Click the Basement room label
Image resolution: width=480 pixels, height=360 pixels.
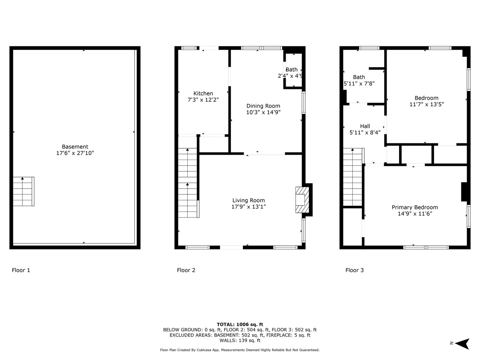click(75, 147)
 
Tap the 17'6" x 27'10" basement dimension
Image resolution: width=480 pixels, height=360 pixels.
click(75, 153)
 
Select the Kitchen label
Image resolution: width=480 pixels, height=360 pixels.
click(203, 93)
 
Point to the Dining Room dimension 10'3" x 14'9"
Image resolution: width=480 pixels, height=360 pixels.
click(263, 112)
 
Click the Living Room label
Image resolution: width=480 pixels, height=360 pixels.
click(248, 200)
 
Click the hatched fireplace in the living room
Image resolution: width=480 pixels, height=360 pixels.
click(302, 200)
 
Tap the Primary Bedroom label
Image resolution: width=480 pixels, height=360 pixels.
click(415, 207)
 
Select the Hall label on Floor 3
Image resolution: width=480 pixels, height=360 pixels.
click(365, 126)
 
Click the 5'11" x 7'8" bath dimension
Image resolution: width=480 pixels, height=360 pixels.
click(359, 83)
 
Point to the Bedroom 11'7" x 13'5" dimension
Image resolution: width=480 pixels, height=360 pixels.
click(426, 104)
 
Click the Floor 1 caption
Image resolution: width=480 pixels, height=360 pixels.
click(21, 270)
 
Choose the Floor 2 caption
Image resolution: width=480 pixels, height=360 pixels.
click(186, 270)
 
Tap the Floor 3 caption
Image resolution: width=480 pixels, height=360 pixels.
click(354, 270)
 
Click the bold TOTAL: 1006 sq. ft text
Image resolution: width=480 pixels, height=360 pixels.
click(240, 325)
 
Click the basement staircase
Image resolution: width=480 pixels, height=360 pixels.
click(24, 191)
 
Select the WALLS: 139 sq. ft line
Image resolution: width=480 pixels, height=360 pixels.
click(240, 340)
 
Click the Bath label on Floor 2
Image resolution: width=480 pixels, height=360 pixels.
click(291, 70)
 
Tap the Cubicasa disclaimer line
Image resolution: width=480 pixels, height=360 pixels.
click(240, 350)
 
